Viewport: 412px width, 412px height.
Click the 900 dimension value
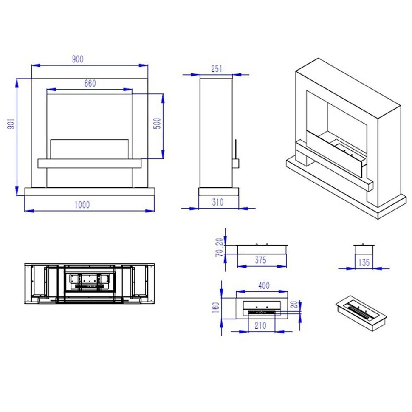pos(78,59)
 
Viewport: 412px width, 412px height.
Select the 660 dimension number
pos(90,83)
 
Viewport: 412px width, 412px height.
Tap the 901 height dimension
pos(11,123)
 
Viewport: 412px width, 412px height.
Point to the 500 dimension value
pos(157,123)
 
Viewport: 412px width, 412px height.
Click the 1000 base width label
pos(82,205)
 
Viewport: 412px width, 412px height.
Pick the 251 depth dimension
pos(217,69)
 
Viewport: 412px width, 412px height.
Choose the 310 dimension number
pos(218,202)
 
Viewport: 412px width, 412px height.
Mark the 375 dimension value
pos(261,260)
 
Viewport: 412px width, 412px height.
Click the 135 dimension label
pos(364,262)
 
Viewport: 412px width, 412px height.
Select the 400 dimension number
pos(264,285)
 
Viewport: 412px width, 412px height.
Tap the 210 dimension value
pos(260,325)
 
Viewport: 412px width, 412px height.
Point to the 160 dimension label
pos(215,308)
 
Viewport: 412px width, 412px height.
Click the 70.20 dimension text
pos(220,247)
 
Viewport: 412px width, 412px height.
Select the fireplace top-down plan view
pos(90,284)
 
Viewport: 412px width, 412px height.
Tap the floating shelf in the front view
pos(90,164)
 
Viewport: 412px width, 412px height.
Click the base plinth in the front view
pos(90,191)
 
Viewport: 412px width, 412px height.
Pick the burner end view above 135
pos(364,249)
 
